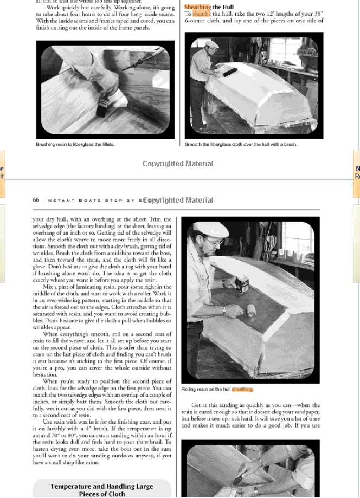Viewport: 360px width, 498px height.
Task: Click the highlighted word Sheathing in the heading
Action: (x=198, y=7)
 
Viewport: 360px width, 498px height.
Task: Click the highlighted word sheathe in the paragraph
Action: (x=202, y=14)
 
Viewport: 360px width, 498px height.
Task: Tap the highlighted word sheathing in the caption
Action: (x=242, y=389)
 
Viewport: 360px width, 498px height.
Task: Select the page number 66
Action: (x=36, y=200)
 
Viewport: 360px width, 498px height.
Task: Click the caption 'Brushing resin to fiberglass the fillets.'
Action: (x=75, y=145)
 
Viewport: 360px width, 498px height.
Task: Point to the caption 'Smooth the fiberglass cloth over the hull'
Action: (x=241, y=145)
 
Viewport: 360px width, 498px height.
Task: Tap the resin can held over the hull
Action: (x=242, y=285)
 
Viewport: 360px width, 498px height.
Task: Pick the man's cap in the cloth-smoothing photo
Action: (x=211, y=43)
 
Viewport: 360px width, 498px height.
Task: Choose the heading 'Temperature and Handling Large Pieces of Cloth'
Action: (x=102, y=490)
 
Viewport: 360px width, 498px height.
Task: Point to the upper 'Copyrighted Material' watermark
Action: (x=178, y=164)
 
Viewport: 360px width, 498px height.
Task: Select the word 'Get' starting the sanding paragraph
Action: (x=196, y=405)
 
